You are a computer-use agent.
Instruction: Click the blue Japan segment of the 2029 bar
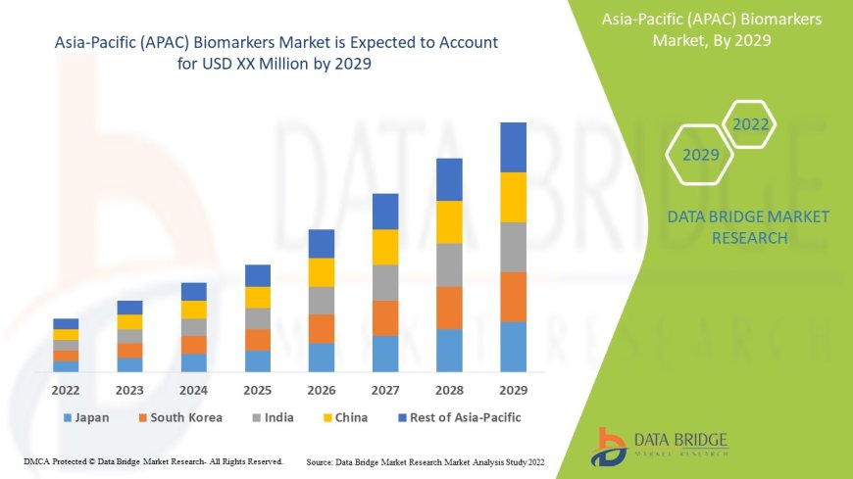click(514, 347)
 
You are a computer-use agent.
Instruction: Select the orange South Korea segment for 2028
click(449, 308)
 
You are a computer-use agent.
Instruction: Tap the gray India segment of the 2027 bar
click(385, 282)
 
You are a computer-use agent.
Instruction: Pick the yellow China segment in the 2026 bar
click(322, 271)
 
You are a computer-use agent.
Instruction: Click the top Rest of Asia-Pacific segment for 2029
click(514, 147)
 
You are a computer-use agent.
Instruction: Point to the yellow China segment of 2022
click(66, 334)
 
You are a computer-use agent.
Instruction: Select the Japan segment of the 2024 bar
click(194, 362)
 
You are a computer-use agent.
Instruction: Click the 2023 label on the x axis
click(129, 389)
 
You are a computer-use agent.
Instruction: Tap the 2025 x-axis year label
click(257, 389)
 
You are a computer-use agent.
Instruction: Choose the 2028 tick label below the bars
click(449, 389)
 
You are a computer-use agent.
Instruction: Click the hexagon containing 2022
click(750, 125)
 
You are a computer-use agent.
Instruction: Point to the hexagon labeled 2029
click(701, 155)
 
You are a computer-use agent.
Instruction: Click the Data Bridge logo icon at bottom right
click(612, 445)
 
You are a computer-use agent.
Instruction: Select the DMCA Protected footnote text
click(153, 460)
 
